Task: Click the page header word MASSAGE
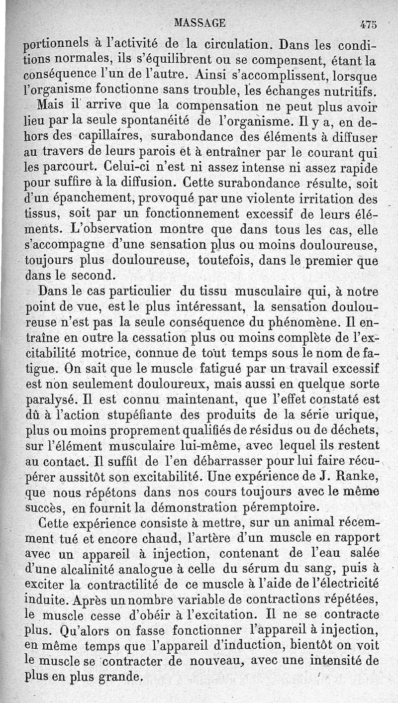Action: [200, 22]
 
